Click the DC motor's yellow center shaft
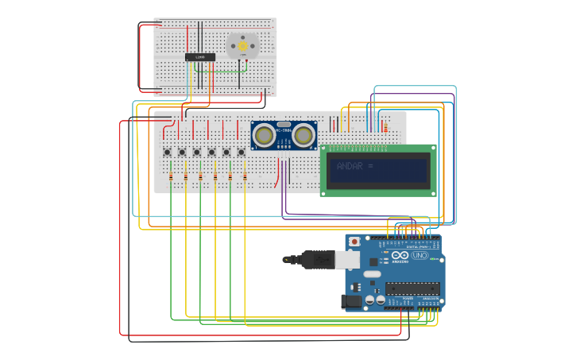242,46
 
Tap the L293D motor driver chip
199,57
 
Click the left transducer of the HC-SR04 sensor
265,136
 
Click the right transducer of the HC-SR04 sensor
303,136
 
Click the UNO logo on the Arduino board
419,255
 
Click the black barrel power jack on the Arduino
350,301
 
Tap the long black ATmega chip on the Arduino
412,288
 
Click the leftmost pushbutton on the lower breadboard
167,153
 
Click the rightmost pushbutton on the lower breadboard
242,153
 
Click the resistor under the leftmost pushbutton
171,176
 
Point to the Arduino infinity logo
400,255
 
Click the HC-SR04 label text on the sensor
284,130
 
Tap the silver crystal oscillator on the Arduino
372,274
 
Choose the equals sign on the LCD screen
370,166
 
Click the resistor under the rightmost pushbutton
245,176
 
